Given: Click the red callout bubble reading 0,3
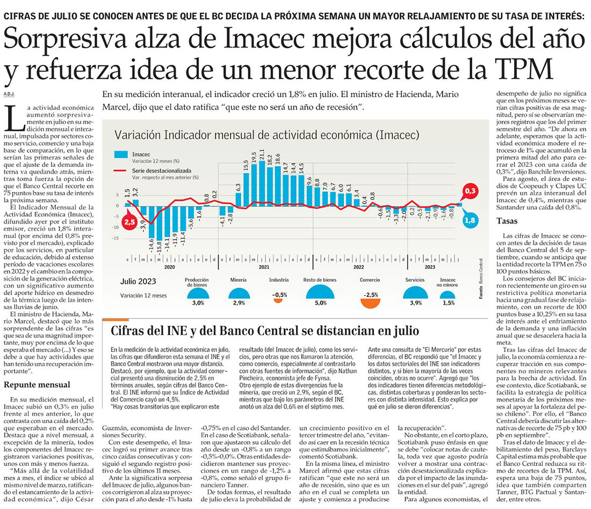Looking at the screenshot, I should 471,191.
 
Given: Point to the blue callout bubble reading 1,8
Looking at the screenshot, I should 471,219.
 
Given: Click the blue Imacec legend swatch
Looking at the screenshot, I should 121,155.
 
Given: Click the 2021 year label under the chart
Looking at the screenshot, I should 264,267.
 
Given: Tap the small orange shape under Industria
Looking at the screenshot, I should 278,300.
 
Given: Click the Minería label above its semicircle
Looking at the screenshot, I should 238,280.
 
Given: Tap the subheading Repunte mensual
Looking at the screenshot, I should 37,384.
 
